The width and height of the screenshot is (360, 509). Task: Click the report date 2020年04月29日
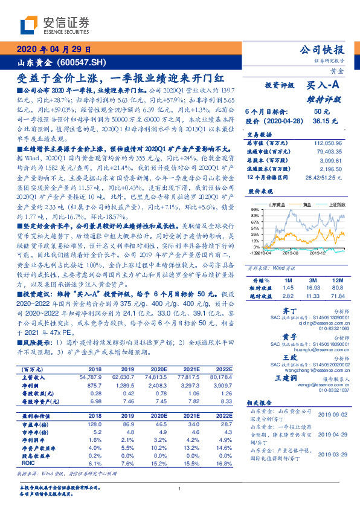click(54, 50)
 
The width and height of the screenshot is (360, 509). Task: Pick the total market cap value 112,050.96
click(328, 143)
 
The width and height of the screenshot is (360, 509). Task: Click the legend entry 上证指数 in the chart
click(336, 205)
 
